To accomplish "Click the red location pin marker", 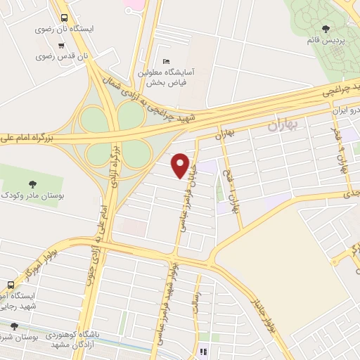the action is (181, 165).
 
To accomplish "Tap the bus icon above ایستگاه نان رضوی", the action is (65, 18).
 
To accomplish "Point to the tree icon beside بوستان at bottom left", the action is (13, 326).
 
